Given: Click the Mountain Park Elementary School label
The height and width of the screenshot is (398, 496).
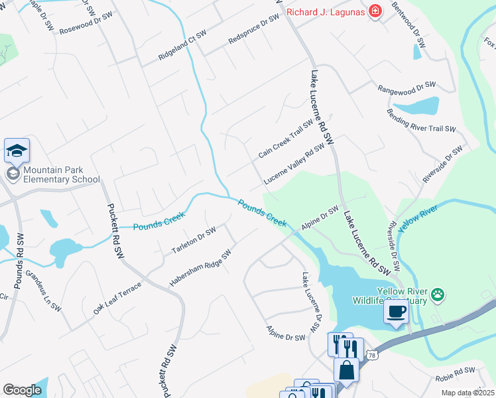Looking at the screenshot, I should point(60,174).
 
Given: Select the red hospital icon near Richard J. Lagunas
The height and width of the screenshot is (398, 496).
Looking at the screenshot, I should point(375,12).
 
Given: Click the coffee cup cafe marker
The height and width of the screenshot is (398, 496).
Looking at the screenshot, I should point(397,312).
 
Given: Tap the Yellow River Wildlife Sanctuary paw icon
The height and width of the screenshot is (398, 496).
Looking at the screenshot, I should point(438,293).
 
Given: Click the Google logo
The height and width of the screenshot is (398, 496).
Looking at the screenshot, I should point(22,390).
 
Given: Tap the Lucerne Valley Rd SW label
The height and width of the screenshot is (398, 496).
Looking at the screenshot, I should point(294,164).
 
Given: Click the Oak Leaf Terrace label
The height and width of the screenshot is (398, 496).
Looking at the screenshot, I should point(117,298).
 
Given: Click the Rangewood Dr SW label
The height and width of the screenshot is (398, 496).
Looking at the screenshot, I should point(406,88).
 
